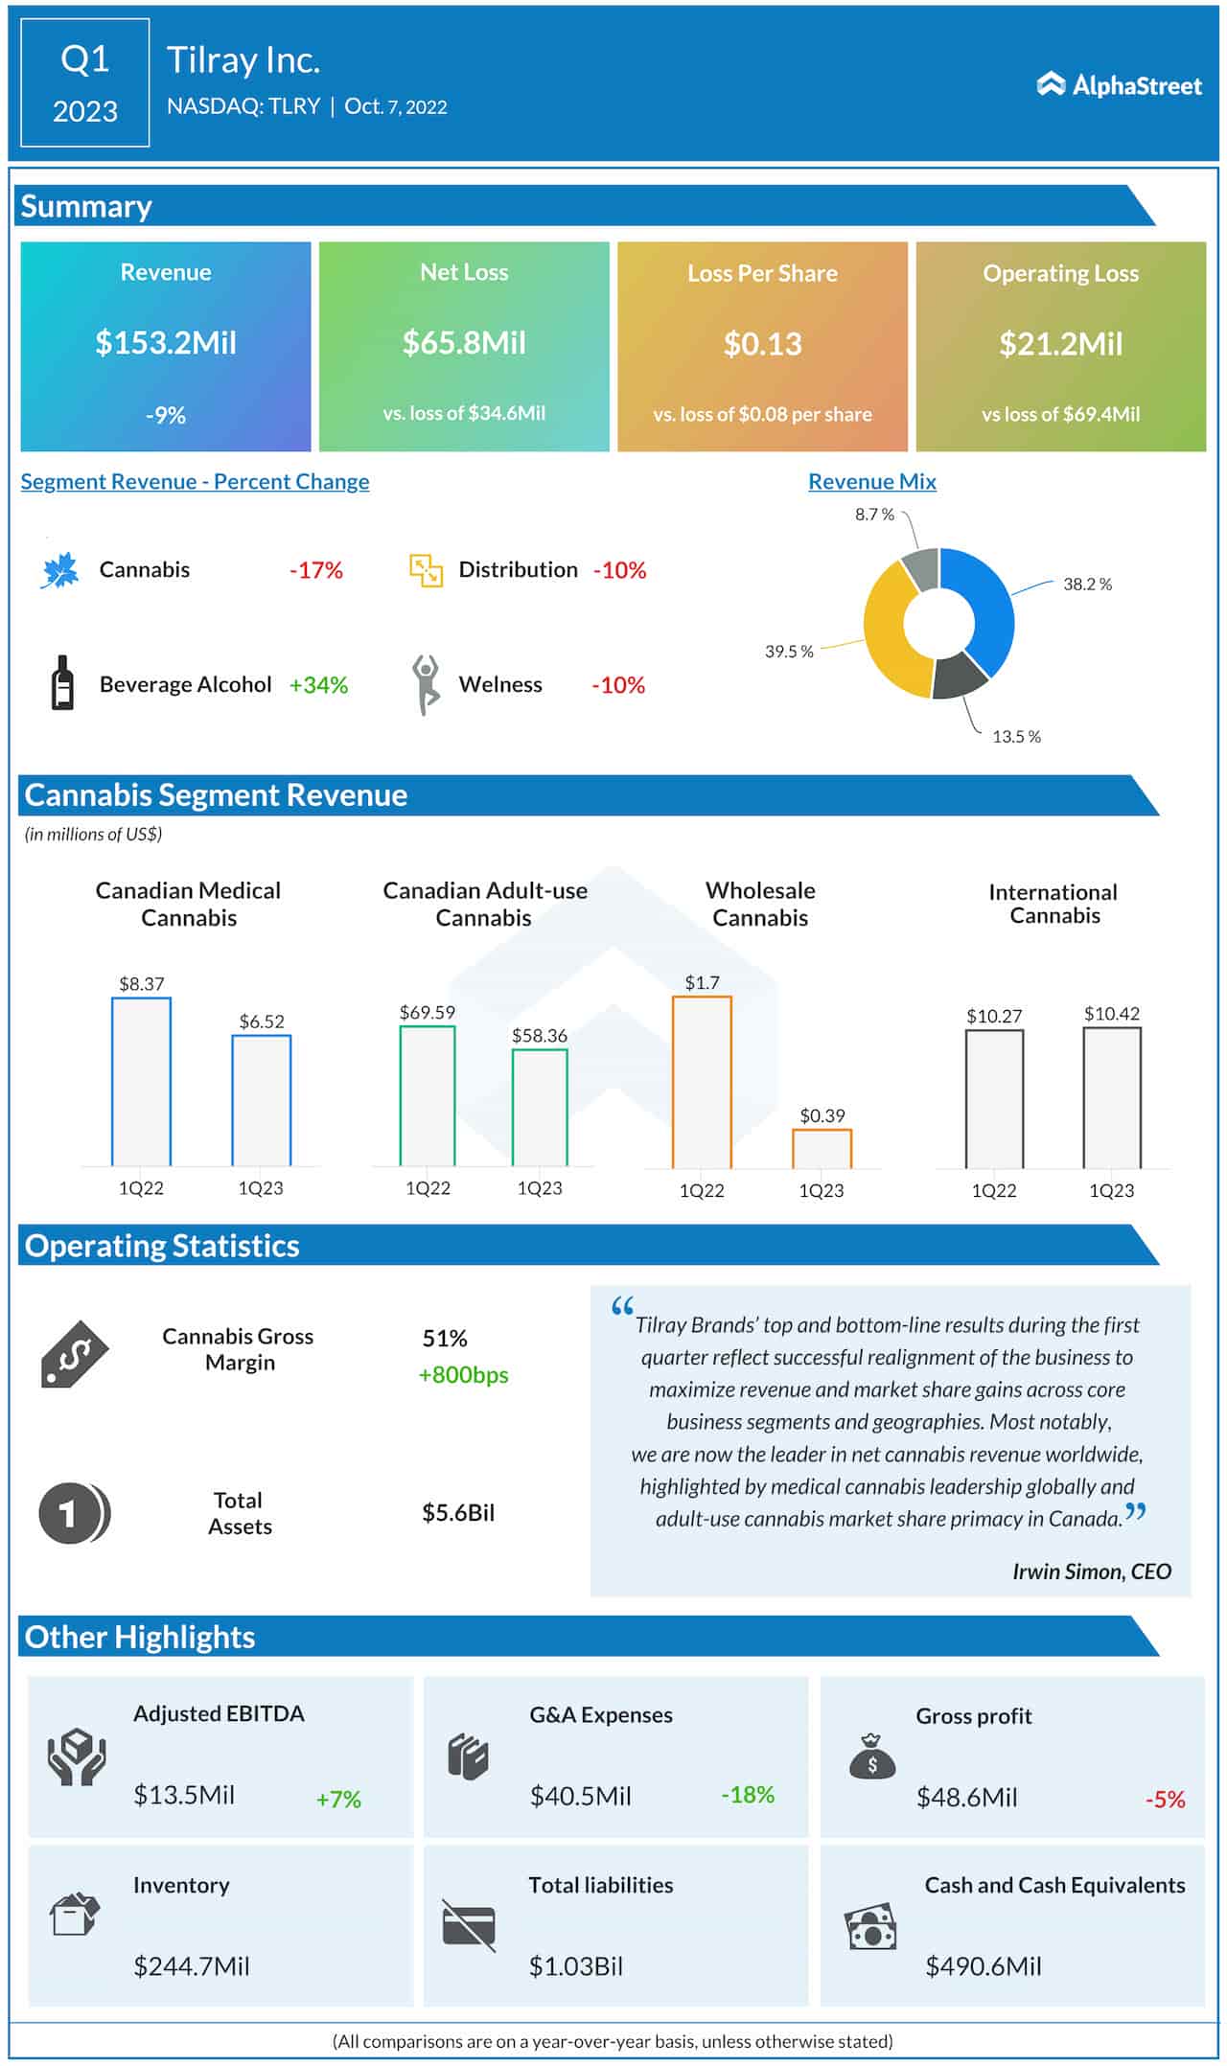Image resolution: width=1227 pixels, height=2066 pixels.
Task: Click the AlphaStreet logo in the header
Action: pyautogui.click(x=1119, y=85)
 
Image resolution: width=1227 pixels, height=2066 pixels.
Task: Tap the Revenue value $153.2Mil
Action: pyautogui.click(x=166, y=343)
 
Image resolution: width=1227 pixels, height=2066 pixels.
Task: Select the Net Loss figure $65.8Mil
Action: pyautogui.click(x=464, y=343)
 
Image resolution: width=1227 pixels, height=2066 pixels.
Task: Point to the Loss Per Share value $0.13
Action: pyautogui.click(x=762, y=344)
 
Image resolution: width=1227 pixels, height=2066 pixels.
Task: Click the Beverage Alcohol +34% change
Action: pyautogui.click(x=318, y=685)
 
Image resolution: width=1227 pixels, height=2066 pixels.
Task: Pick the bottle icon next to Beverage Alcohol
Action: pyautogui.click(x=62, y=682)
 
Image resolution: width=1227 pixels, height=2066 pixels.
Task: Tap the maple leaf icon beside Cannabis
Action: pyautogui.click(x=59, y=570)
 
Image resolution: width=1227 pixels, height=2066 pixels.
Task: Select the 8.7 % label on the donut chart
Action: pyautogui.click(x=874, y=515)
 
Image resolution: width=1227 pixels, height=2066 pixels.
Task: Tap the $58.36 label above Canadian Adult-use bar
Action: pyautogui.click(x=540, y=1036)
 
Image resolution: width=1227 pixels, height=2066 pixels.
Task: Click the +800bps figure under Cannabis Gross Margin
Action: pyautogui.click(x=464, y=1375)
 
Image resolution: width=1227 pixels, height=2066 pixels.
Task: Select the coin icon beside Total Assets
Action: pyautogui.click(x=74, y=1513)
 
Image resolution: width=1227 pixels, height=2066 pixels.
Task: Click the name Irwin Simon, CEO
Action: pyautogui.click(x=1092, y=1572)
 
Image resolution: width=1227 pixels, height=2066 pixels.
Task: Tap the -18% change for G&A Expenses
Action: pyautogui.click(x=748, y=1795)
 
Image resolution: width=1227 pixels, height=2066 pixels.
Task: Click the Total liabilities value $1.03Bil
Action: pyautogui.click(x=576, y=1966)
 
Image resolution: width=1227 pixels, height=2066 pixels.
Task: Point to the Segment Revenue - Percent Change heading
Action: pyautogui.click(x=195, y=482)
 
